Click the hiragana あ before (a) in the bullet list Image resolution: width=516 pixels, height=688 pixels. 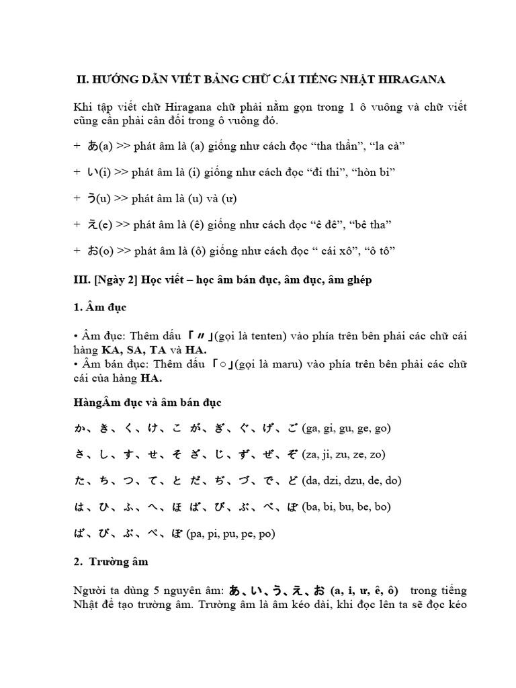click(x=92, y=145)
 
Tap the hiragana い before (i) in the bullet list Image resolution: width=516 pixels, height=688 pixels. click(x=92, y=172)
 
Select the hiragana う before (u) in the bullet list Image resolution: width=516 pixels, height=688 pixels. click(x=92, y=198)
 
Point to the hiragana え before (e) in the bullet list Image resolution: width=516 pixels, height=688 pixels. click(x=92, y=224)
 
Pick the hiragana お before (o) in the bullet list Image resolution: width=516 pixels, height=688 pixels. click(x=92, y=251)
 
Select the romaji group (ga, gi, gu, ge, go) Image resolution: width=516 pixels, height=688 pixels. click(x=347, y=428)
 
